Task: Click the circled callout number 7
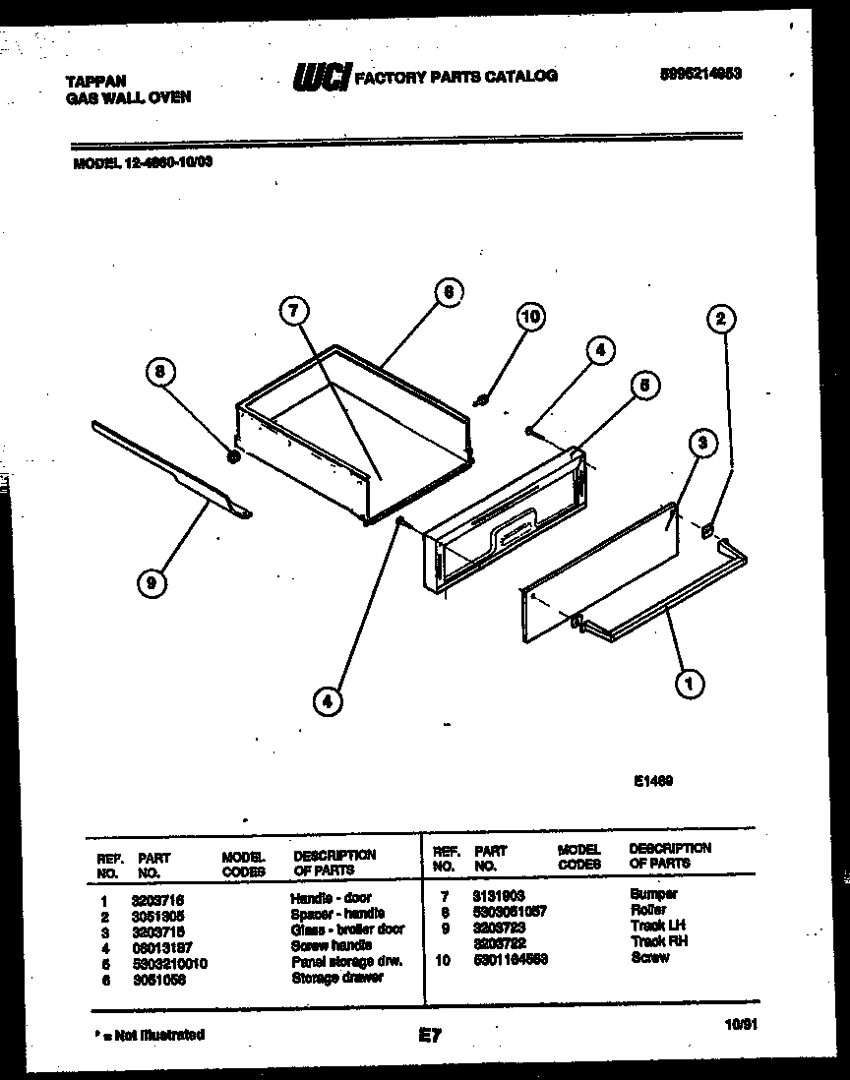point(293,312)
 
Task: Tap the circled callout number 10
point(529,317)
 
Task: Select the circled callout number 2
point(721,318)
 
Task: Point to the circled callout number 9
point(151,584)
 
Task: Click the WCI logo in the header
point(323,77)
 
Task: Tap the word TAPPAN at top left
point(94,83)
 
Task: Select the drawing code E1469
point(651,782)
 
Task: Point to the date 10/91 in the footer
point(742,1025)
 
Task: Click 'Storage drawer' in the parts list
point(336,979)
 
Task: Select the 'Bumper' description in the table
point(653,894)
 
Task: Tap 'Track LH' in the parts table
point(658,926)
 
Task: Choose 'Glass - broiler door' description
point(347,930)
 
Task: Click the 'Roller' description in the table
point(648,910)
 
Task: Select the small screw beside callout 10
point(483,399)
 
